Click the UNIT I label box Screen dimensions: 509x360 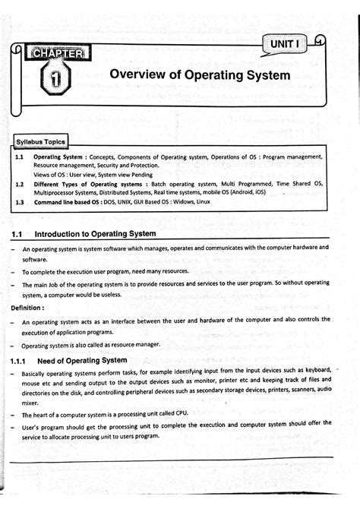point(285,47)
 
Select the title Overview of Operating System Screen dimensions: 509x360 point(200,75)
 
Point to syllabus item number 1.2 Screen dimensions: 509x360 point(20,184)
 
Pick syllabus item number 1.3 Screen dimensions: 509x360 point(20,203)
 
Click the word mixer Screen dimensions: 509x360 point(30,403)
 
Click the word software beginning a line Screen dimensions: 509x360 point(35,259)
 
